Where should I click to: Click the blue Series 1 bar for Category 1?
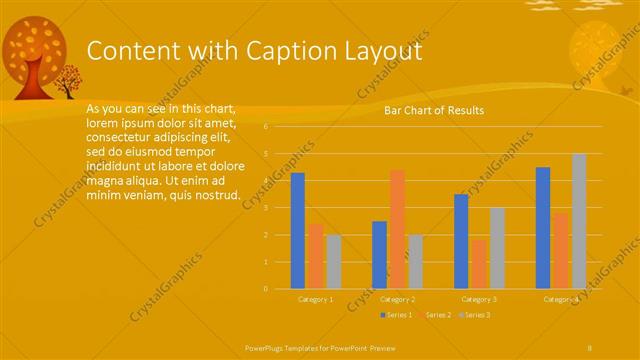tap(298, 231)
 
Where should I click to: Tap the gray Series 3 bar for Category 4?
tap(579, 221)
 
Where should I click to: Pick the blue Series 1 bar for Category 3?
tap(461, 241)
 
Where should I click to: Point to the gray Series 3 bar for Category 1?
tap(334, 262)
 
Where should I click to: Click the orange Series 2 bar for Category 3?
tap(479, 264)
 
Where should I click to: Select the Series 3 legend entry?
tap(474, 315)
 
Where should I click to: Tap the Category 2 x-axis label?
tap(398, 299)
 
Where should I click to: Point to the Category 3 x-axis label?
tap(479, 299)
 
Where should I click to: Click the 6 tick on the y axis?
tap(266, 127)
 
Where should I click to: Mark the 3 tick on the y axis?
tap(266, 208)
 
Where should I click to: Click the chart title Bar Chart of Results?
tap(434, 110)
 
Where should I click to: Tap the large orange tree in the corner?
tap(35, 55)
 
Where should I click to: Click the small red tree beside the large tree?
tap(69, 80)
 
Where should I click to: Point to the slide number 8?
tap(589, 346)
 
